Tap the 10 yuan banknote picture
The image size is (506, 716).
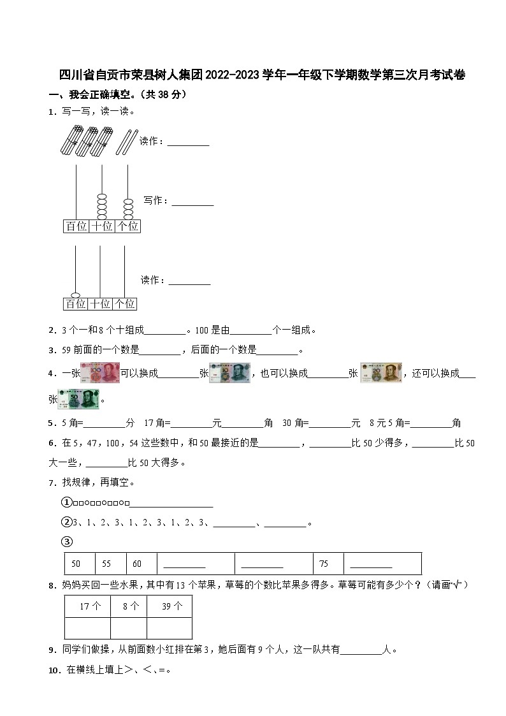coord(230,373)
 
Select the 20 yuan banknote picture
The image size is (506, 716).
coord(381,373)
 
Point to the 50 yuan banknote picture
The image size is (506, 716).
coord(79,399)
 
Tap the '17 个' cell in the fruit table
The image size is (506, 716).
coord(87,607)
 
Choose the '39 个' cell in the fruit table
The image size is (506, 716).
coord(169,607)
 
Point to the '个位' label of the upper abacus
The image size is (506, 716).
coord(127,226)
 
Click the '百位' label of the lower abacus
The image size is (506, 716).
coord(76,304)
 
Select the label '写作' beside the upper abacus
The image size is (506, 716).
coord(155,201)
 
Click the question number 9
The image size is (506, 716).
coord(52,650)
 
